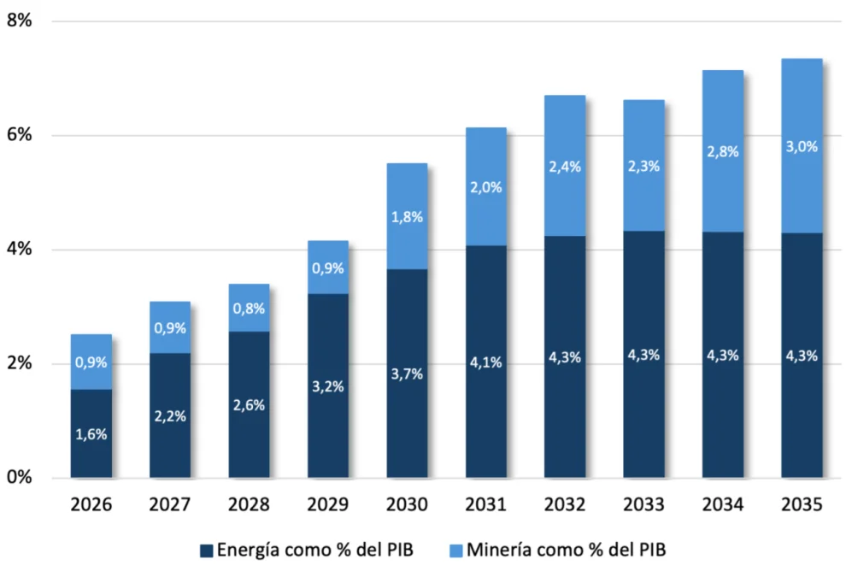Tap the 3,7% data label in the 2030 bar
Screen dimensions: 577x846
point(407,374)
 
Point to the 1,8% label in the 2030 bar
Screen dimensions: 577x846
point(407,217)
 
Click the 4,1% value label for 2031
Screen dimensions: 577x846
point(485,362)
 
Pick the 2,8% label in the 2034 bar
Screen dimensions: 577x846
point(723,152)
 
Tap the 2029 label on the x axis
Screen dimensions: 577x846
point(328,505)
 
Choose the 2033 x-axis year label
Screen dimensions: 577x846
point(643,505)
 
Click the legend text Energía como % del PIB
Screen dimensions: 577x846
point(317,551)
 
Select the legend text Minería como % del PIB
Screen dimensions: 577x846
point(568,551)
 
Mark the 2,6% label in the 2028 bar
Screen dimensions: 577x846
point(249,404)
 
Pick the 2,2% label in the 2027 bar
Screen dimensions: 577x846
point(170,416)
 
